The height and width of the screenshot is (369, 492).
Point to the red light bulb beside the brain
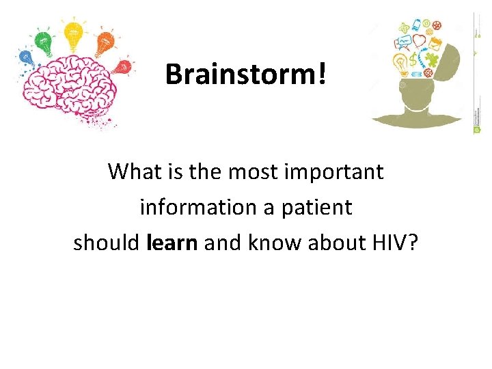123,67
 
